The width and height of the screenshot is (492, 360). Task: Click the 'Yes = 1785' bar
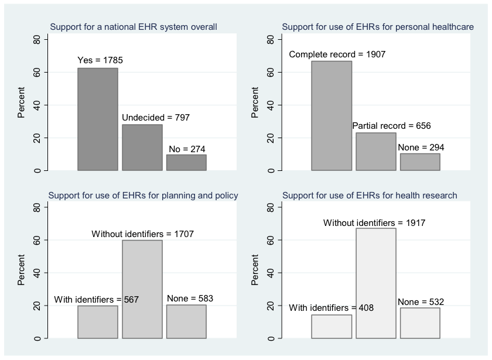98,119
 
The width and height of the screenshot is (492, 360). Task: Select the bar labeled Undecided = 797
142,148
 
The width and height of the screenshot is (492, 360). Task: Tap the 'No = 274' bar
186,163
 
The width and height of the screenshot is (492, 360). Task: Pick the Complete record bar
332,116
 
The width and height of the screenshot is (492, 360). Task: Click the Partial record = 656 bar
376,152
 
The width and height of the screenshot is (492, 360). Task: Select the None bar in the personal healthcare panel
420,162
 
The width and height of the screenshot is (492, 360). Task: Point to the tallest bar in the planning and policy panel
142,289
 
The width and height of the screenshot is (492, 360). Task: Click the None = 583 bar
186,321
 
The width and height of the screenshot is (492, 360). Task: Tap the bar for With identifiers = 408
332,327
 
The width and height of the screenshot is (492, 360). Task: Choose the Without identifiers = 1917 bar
376,283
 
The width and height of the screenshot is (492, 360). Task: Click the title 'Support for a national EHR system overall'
134,27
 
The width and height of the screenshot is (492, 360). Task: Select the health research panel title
370,196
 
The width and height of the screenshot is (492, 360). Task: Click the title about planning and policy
143,196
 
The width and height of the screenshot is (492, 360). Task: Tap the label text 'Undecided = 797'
156,118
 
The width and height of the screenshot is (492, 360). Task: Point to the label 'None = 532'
421,302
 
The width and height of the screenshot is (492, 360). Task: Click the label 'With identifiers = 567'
96,300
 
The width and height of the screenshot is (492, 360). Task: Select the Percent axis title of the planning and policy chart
21,270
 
